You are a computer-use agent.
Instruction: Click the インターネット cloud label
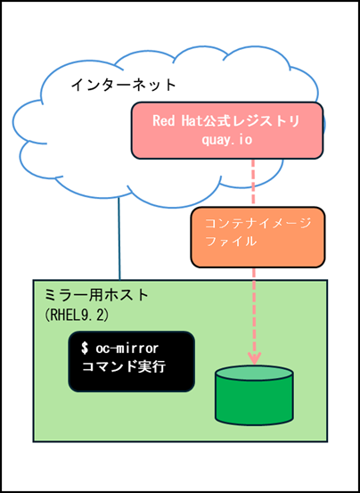(123, 85)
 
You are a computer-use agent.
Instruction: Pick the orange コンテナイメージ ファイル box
(257, 238)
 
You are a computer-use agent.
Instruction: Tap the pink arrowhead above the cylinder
(254, 357)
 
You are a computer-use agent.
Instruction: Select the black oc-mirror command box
(130, 361)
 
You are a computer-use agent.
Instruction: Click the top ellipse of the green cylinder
(254, 374)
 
